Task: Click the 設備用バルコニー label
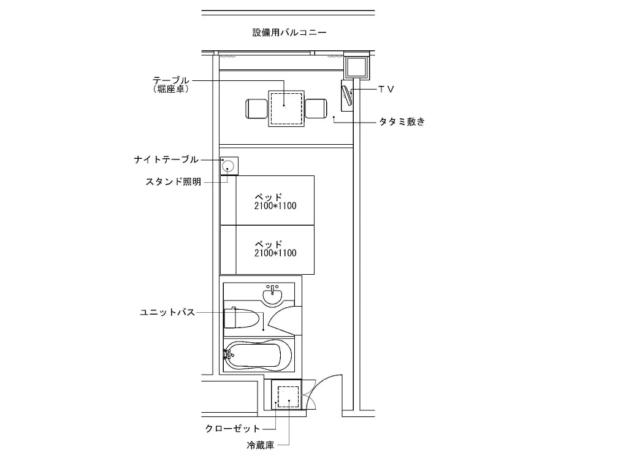[x=289, y=33]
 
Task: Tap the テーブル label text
[x=171, y=80]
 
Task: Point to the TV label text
[x=386, y=89]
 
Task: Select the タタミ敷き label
[x=402, y=121]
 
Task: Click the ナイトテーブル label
[x=166, y=160]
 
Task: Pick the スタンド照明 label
[x=174, y=182]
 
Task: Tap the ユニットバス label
[x=167, y=312]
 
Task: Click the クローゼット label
[x=233, y=429]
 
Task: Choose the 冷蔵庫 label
[x=261, y=445]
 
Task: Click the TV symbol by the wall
[x=347, y=96]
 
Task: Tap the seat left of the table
[x=256, y=109]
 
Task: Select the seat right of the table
[x=316, y=109]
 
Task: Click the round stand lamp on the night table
[x=228, y=166]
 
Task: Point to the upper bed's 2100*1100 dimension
[x=275, y=206]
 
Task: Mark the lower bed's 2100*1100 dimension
[x=275, y=253]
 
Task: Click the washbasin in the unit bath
[x=273, y=295]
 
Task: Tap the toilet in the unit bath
[x=242, y=318]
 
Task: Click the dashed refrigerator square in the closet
[x=288, y=397]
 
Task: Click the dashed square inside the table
[x=286, y=109]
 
